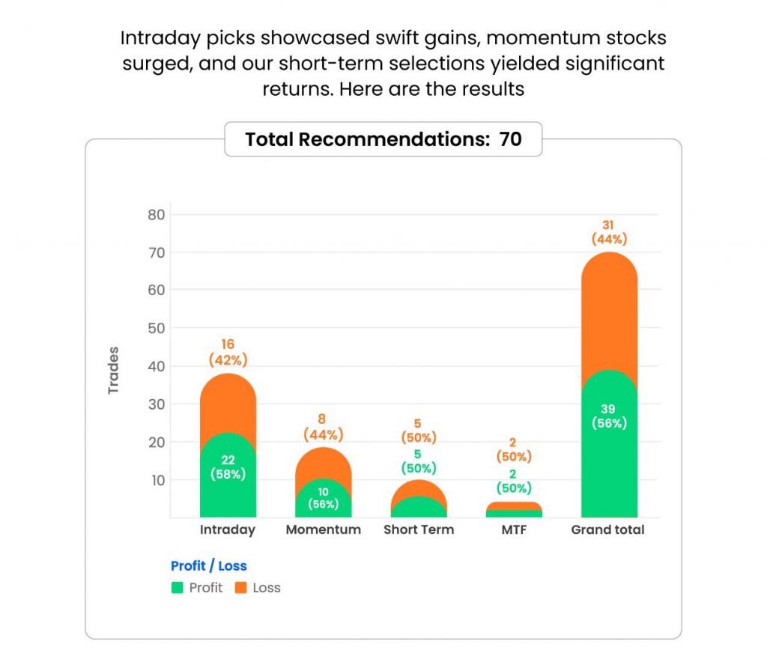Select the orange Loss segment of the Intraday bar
coord(228,401)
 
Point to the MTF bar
coord(514,511)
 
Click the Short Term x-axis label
coord(419,529)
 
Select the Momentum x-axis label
coord(323,529)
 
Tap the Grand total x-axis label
coord(607,529)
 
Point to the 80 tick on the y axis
coord(157,215)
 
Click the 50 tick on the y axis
coord(157,328)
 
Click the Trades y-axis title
coord(114,370)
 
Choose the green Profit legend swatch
coord(177,588)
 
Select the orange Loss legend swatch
coord(240,588)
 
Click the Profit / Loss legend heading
coord(208,566)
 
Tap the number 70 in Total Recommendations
coord(510,139)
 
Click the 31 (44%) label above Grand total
coord(609,232)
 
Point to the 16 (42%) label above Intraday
coord(228,352)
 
